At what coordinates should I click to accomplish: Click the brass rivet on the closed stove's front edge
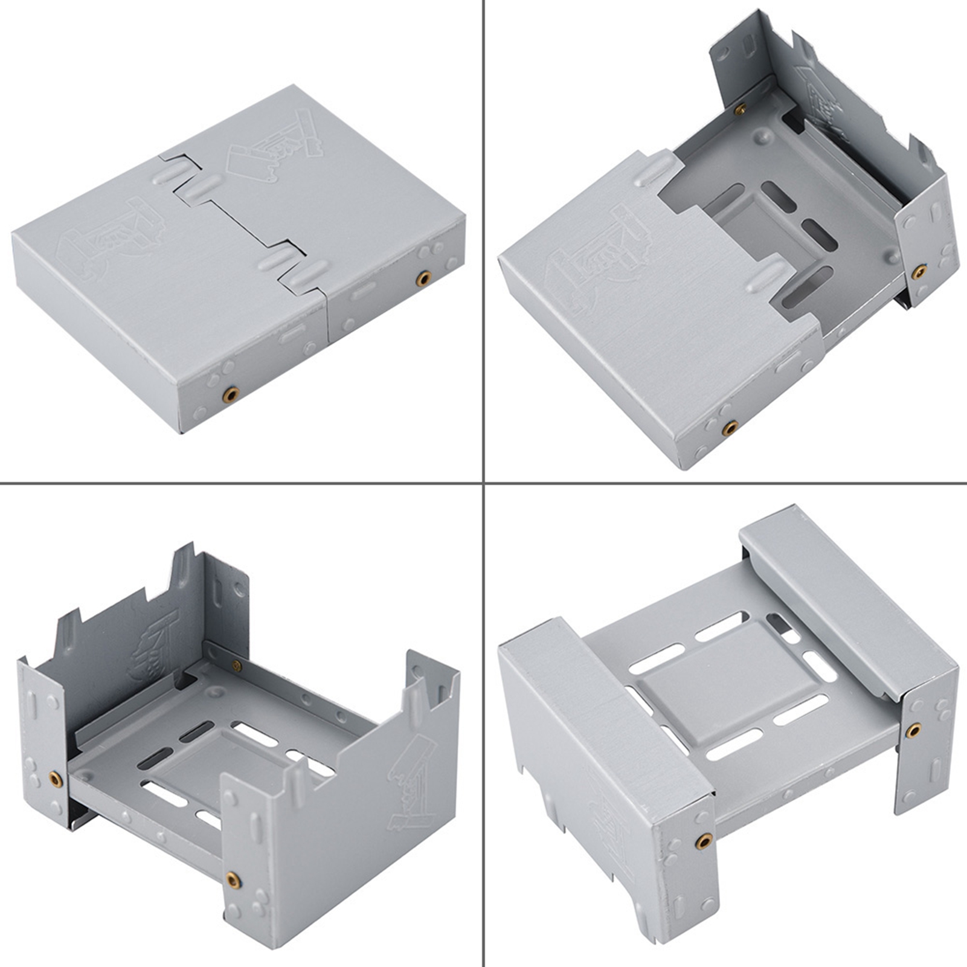pyautogui.click(x=230, y=395)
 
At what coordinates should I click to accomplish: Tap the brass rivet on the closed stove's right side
pyautogui.click(x=423, y=278)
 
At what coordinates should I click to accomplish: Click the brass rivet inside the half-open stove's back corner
pyautogui.click(x=739, y=109)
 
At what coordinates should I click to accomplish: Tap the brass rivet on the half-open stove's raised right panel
pyautogui.click(x=919, y=272)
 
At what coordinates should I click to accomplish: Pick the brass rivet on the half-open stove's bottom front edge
pyautogui.click(x=730, y=429)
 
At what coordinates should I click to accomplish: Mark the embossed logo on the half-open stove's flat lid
pyautogui.click(x=597, y=260)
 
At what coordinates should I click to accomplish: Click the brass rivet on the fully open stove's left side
pyautogui.click(x=56, y=779)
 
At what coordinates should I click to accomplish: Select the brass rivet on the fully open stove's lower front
pyautogui.click(x=233, y=880)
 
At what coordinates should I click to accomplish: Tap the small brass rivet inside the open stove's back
pyautogui.click(x=237, y=666)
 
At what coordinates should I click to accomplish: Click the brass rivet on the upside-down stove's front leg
pyautogui.click(x=702, y=840)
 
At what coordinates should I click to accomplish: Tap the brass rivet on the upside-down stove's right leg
pyautogui.click(x=913, y=731)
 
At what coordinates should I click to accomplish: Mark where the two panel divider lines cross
pyautogui.click(x=484, y=483)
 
